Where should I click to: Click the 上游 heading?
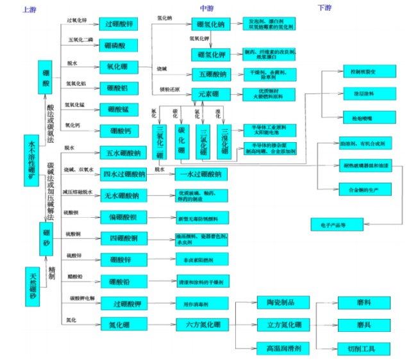click(x=28, y=10)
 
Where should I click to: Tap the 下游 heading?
click(x=325, y=8)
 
